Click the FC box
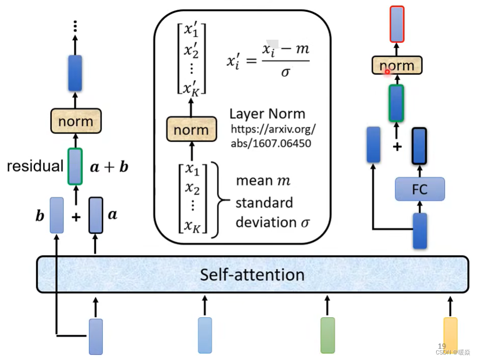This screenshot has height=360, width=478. (420, 189)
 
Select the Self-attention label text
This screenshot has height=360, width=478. (252, 275)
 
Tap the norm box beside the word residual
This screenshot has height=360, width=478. (75, 121)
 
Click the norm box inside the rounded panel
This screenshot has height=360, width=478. (191, 130)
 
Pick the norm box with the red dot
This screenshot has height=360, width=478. (397, 66)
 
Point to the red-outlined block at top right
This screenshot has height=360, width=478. (397, 24)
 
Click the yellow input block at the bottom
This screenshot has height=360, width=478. (450, 335)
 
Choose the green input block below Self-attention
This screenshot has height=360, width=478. (327, 335)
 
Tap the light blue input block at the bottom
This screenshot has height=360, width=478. (205, 335)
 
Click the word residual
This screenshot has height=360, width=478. (35, 166)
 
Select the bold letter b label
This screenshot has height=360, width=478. (40, 215)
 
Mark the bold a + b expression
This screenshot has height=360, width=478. (109, 167)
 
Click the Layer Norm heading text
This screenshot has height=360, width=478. (267, 114)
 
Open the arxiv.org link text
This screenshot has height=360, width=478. (274, 136)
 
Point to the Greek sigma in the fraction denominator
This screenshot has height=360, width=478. (285, 72)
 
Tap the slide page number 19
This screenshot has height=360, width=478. (442, 346)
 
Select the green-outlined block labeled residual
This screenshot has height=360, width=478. (75, 166)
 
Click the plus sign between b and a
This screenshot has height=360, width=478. (76, 217)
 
